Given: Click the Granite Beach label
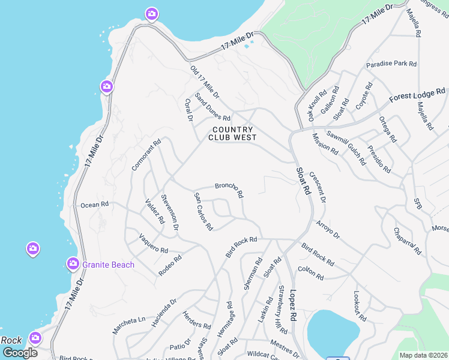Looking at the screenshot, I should point(109,265).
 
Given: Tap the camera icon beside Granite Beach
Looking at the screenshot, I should point(73,263).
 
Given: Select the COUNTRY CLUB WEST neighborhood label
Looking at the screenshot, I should point(233,133).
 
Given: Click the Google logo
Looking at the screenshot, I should point(20,353).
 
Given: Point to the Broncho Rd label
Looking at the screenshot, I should point(229,190).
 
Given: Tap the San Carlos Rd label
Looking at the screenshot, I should point(203,212).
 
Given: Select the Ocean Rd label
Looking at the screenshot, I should point(95,205).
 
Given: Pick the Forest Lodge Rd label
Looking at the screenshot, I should point(417,95).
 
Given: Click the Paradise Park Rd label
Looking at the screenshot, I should point(391,64).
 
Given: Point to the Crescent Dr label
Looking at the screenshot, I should point(318,187).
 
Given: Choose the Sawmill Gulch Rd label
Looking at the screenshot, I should point(346,148).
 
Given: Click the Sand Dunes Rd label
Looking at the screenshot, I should point(212,108).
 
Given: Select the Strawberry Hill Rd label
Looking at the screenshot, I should point(282,310).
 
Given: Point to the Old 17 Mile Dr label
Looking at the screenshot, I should point(205,83).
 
